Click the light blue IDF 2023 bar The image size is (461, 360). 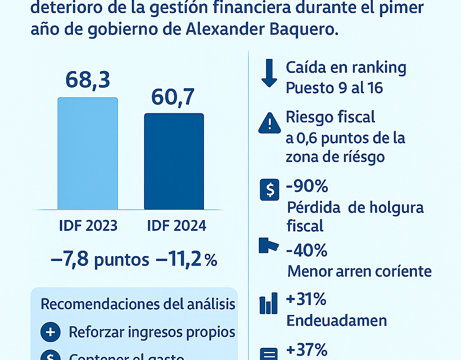click(x=88, y=153)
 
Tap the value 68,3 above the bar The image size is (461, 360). click(x=88, y=80)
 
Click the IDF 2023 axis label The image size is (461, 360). click(x=88, y=225)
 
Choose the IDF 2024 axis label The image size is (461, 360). click(x=176, y=225)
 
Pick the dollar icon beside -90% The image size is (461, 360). click(x=269, y=190)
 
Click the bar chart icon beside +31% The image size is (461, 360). click(x=269, y=304)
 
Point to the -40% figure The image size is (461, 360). click(x=307, y=250)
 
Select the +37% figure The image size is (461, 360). click(x=307, y=349)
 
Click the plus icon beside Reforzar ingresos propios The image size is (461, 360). click(x=50, y=333)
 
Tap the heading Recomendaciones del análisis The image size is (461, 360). click(x=138, y=304)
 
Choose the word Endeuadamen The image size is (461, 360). click(x=337, y=320)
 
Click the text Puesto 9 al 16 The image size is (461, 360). click(x=334, y=87)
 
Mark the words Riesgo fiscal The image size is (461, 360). click(x=330, y=117)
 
